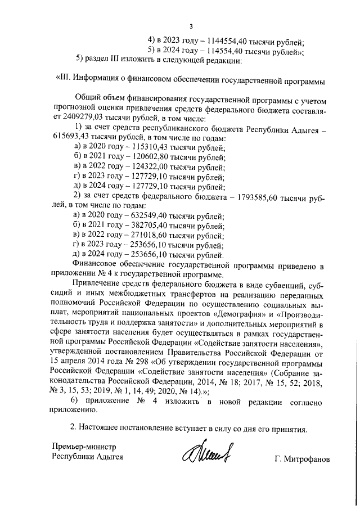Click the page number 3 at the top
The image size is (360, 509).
coord(191,26)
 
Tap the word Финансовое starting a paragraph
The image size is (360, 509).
coord(95,265)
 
